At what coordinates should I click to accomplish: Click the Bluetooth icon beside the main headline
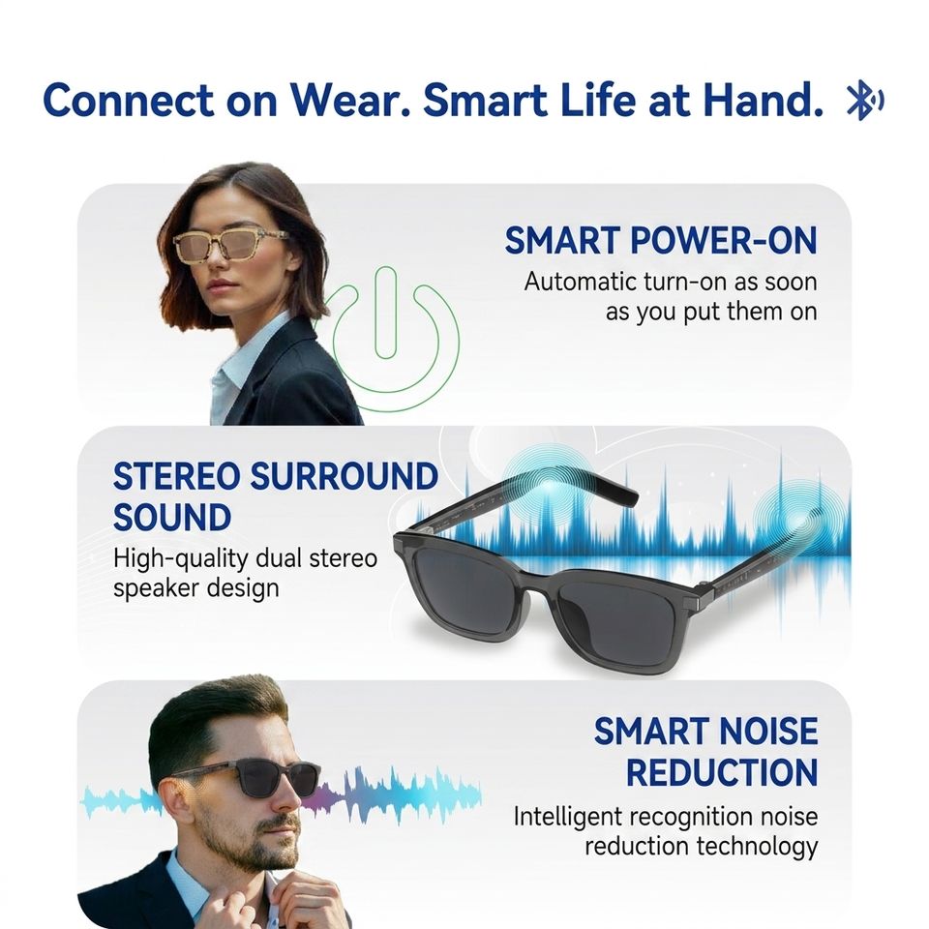pyautogui.click(x=864, y=102)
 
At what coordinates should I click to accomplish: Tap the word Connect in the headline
pyautogui.click(x=128, y=100)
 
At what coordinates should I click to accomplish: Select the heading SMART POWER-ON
pyautogui.click(x=661, y=241)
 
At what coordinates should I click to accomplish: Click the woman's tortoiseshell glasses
pyautogui.click(x=231, y=246)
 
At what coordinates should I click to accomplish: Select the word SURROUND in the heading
pyautogui.click(x=345, y=476)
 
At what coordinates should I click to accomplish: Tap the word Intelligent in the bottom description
pyautogui.click(x=567, y=818)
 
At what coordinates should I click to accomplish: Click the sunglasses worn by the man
pyautogui.click(x=255, y=777)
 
